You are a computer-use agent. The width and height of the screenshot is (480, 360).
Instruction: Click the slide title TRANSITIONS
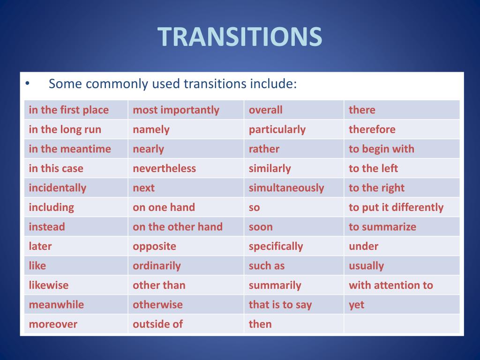point(240,37)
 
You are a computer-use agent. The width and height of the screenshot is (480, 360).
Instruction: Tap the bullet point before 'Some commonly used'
point(27,84)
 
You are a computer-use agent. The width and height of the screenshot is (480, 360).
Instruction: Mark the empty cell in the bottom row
point(402,324)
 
